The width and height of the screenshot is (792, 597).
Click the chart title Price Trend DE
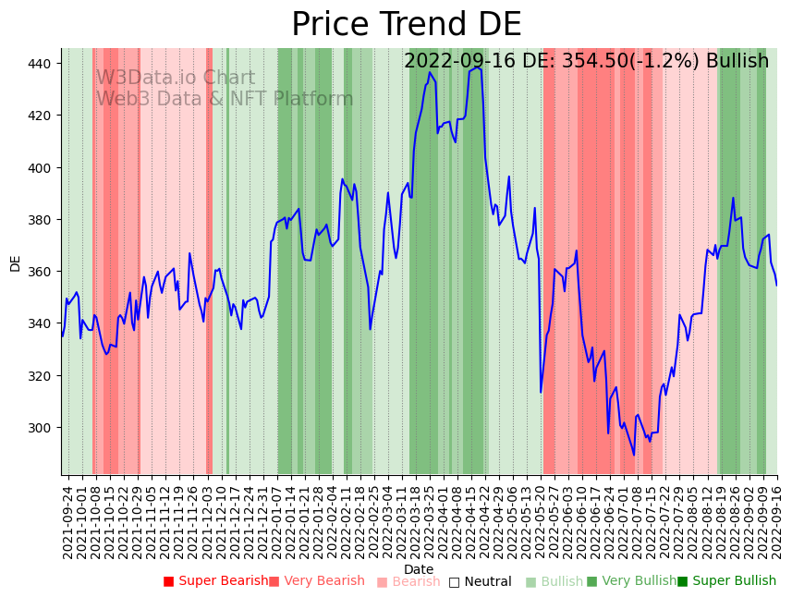[x=407, y=25]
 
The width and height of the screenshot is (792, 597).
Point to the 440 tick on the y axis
[x=43, y=64]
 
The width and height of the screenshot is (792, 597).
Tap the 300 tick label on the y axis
[x=43, y=428]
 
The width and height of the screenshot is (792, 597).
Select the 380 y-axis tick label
[x=43, y=220]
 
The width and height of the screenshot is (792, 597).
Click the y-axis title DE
[x=15, y=263]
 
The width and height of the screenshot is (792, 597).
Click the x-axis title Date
[x=419, y=569]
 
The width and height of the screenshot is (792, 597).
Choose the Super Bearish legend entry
[x=215, y=581]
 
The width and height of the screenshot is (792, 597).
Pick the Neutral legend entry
[x=480, y=582]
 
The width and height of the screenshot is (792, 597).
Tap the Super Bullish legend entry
[x=726, y=581]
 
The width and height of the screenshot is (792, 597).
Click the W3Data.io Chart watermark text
[x=176, y=79]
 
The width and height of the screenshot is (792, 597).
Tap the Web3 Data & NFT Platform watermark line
[x=225, y=99]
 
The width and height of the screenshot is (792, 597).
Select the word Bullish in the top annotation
[x=737, y=62]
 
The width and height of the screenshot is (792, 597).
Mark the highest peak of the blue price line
[x=477, y=67]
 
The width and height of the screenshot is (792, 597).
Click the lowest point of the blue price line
[x=634, y=455]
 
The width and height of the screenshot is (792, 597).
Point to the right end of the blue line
[x=777, y=286]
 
